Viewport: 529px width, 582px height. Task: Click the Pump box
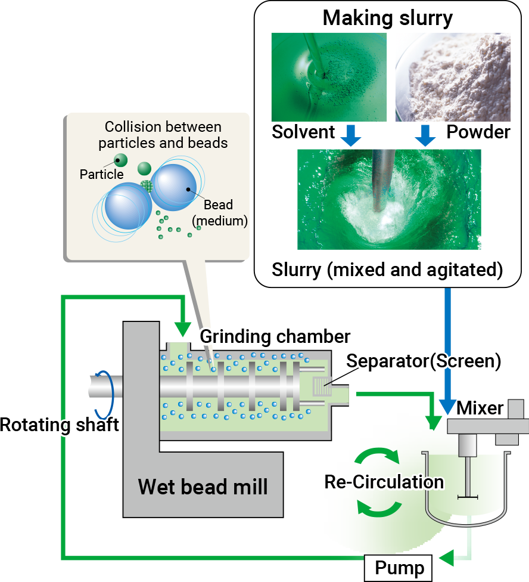pyautogui.click(x=398, y=568)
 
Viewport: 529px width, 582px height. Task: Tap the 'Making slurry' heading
pyautogui.click(x=387, y=18)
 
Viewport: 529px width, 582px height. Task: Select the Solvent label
pyautogui.click(x=303, y=132)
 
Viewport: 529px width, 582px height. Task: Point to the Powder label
pyautogui.click(x=478, y=132)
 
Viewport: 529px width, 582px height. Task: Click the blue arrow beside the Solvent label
pyautogui.click(x=350, y=135)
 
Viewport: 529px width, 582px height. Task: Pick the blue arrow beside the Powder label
pyautogui.click(x=425, y=135)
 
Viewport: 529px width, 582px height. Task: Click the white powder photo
pyautogui.click(x=453, y=77)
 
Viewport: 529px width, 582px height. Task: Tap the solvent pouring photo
pyautogui.click(x=329, y=77)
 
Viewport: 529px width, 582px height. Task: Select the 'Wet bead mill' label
pyautogui.click(x=203, y=487)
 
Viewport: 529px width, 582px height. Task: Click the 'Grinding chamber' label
pyautogui.click(x=275, y=337)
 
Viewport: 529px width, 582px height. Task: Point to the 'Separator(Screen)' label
pyautogui.click(x=424, y=361)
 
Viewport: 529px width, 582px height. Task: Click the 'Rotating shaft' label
pyautogui.click(x=60, y=425)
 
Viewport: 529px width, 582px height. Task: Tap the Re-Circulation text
pyautogui.click(x=384, y=482)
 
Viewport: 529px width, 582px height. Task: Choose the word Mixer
pyautogui.click(x=480, y=408)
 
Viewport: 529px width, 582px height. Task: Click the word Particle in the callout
pyautogui.click(x=102, y=174)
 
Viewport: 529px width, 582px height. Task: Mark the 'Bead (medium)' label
pyautogui.click(x=219, y=213)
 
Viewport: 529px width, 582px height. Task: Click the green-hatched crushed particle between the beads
pyautogui.click(x=147, y=185)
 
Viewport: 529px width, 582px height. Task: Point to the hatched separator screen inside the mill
pyautogui.click(x=322, y=387)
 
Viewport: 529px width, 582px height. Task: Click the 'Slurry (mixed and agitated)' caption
pyautogui.click(x=387, y=270)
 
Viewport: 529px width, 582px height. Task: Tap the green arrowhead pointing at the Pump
pyautogui.click(x=447, y=558)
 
